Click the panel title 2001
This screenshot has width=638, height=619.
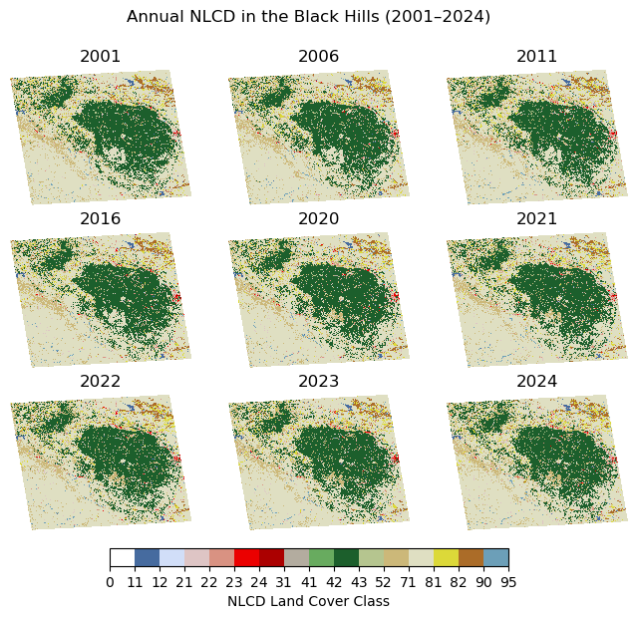click(100, 57)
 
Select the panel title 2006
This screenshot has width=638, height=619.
click(318, 57)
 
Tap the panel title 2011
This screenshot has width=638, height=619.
click(536, 57)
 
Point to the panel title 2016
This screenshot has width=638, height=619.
click(100, 219)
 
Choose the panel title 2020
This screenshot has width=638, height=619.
click(318, 219)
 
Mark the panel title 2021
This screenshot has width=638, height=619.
click(536, 219)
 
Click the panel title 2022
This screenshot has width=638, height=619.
click(100, 382)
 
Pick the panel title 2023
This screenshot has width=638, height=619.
click(318, 382)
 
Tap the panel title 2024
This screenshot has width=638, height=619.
click(536, 382)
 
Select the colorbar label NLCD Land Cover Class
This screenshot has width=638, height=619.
click(308, 602)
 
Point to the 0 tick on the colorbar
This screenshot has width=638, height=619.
click(110, 582)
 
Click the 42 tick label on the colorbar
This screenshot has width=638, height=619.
click(334, 582)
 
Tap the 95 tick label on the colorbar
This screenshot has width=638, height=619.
click(508, 582)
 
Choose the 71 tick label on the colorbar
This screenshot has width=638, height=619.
click(409, 582)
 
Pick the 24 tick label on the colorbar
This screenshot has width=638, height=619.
click(259, 582)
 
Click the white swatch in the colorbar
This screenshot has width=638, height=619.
click(122, 557)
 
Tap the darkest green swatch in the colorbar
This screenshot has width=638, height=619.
click(346, 557)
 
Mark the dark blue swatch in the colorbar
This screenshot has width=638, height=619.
click(147, 557)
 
